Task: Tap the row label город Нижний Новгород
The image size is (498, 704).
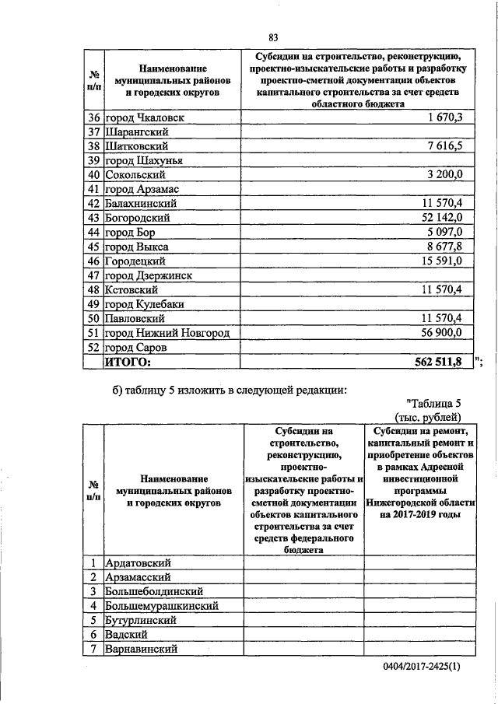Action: [168, 333]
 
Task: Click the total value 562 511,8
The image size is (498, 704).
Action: [438, 362]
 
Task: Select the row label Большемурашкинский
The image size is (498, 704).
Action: [161, 605]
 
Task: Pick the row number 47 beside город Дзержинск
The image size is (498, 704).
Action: [94, 275]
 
